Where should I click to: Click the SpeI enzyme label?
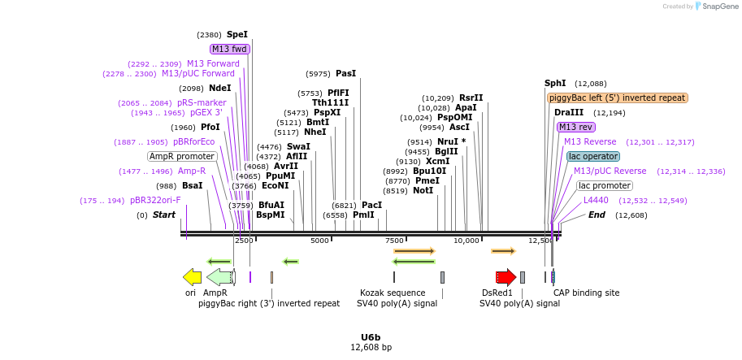coord(237,35)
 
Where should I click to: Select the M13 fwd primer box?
coord(229,49)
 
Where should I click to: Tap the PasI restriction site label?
coord(345,74)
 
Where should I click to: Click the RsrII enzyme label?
coord(471,98)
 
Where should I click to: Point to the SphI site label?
coord(555,84)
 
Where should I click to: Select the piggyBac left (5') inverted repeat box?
coord(618,98)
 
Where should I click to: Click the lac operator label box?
coord(593,156)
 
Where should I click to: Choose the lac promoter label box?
coord(605,185)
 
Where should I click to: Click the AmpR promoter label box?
coord(182,156)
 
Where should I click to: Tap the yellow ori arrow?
coord(192,277)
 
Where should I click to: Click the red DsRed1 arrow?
coord(506,277)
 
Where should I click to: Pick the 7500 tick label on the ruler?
coord(393,241)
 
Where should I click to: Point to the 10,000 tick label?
coord(466,241)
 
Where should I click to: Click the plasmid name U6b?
coord(371,336)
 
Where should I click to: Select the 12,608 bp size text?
coord(371,348)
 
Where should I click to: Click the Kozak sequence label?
coord(393,293)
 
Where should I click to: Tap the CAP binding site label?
coord(587,293)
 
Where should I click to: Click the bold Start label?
coord(164,215)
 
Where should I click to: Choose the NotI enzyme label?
coord(423,191)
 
